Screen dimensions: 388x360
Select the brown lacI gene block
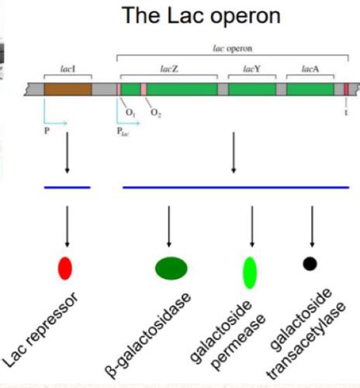[67, 88]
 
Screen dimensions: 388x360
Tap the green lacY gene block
[251, 88]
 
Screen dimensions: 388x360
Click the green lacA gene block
[310, 88]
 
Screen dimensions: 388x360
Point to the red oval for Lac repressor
[65, 268]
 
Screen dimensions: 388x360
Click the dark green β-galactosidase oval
[171, 268]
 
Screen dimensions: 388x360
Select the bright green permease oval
[250, 271]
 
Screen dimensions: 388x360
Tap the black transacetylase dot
[310, 264]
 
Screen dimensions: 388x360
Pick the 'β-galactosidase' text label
[147, 329]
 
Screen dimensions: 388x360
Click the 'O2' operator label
[156, 114]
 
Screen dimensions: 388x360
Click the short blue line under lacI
[67, 187]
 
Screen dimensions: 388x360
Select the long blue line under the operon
[236, 187]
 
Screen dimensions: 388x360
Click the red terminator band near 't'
[346, 88]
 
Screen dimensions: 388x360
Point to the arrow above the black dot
[312, 225]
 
